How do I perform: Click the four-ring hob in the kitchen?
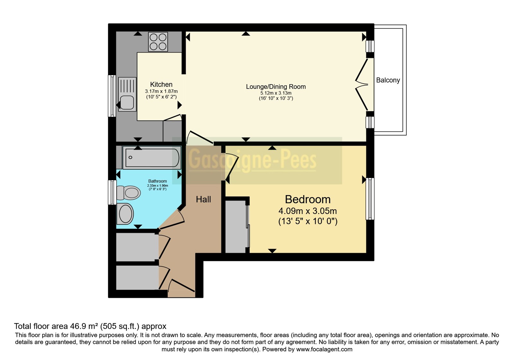158,41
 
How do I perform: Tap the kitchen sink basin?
127,103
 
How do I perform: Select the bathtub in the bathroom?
152,157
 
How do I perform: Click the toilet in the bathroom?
128,193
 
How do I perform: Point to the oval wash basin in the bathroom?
125,214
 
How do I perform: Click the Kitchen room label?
161,84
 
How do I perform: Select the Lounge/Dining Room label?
276,86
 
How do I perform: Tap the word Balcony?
388,80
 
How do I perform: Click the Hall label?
203,199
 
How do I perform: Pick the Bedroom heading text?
308,199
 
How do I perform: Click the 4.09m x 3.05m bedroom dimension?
307,211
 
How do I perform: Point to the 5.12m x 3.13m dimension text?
276,93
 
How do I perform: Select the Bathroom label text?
157,181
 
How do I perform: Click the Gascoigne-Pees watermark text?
253,160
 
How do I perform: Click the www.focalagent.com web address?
324,349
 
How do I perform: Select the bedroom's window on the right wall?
370,199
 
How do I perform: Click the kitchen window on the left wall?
112,96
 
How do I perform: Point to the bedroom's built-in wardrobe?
236,226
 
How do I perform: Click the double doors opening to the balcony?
362,85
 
